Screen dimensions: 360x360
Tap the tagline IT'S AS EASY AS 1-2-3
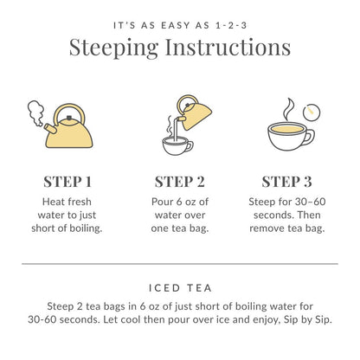pyautogui.click(x=180, y=19)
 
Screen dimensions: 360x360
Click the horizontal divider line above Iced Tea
pyautogui.click(x=180, y=263)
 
